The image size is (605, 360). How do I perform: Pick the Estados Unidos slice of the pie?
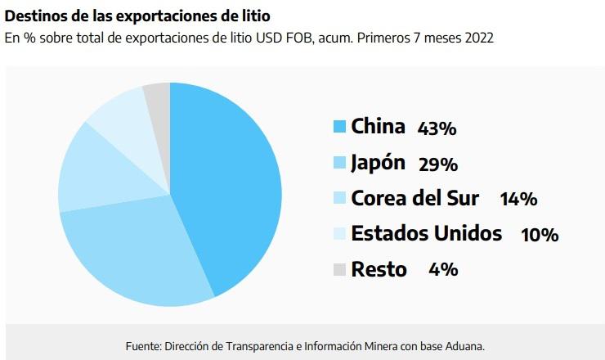click(x=123, y=115)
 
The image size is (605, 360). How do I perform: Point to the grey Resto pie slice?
click(x=158, y=97)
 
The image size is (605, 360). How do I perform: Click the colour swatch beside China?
click(x=340, y=127)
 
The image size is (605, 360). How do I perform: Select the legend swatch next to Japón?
click(x=340, y=163)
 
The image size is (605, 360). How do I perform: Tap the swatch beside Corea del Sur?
click(x=340, y=198)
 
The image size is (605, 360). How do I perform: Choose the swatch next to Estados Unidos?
click(x=340, y=234)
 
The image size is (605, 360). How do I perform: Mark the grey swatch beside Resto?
click(x=340, y=269)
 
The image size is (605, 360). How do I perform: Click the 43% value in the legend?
click(x=437, y=128)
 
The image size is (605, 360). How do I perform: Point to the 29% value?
click(x=437, y=164)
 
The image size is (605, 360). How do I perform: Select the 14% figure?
click(x=518, y=200)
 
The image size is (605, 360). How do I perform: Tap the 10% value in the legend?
click(x=540, y=236)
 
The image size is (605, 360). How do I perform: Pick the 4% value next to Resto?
click(x=443, y=270)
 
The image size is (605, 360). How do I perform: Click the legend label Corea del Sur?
click(x=415, y=198)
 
